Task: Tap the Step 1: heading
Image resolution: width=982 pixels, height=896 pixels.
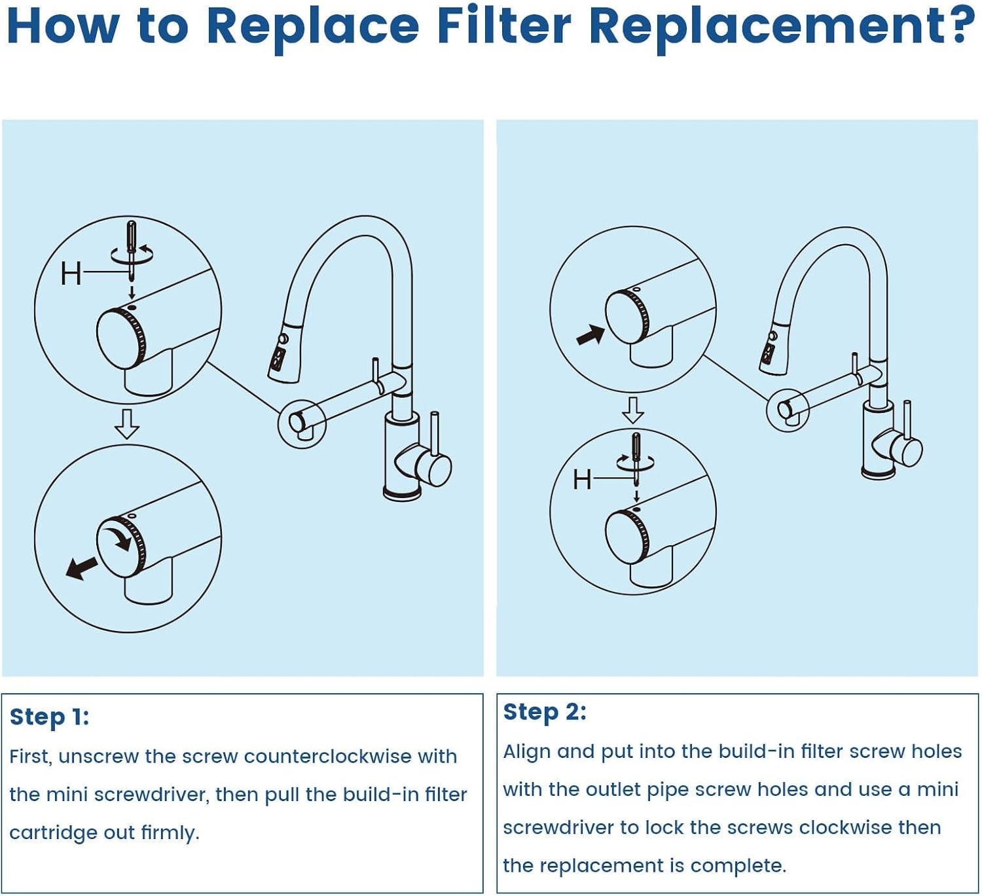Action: [49, 717]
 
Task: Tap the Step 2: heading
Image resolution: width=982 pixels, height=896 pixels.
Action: [545, 711]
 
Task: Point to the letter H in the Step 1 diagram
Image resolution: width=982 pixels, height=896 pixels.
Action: [71, 273]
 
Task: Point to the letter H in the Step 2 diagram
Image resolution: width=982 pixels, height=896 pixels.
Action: [582, 480]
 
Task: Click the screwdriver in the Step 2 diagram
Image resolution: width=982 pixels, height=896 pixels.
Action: [636, 456]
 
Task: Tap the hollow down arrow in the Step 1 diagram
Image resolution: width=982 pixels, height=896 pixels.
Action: [126, 423]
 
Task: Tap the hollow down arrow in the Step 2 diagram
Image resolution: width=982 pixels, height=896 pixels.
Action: [632, 410]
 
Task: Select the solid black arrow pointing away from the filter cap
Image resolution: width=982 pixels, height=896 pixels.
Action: [81, 567]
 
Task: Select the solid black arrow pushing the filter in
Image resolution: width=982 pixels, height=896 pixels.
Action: [590, 335]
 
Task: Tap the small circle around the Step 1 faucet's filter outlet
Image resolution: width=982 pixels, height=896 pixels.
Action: [302, 423]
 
